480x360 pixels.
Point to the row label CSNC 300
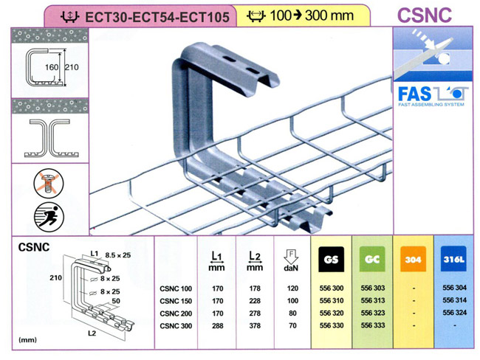[x=175, y=324]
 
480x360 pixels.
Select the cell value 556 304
[x=452, y=289]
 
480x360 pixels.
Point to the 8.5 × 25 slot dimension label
[x=117, y=254]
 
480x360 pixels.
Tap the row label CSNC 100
[x=175, y=289]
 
